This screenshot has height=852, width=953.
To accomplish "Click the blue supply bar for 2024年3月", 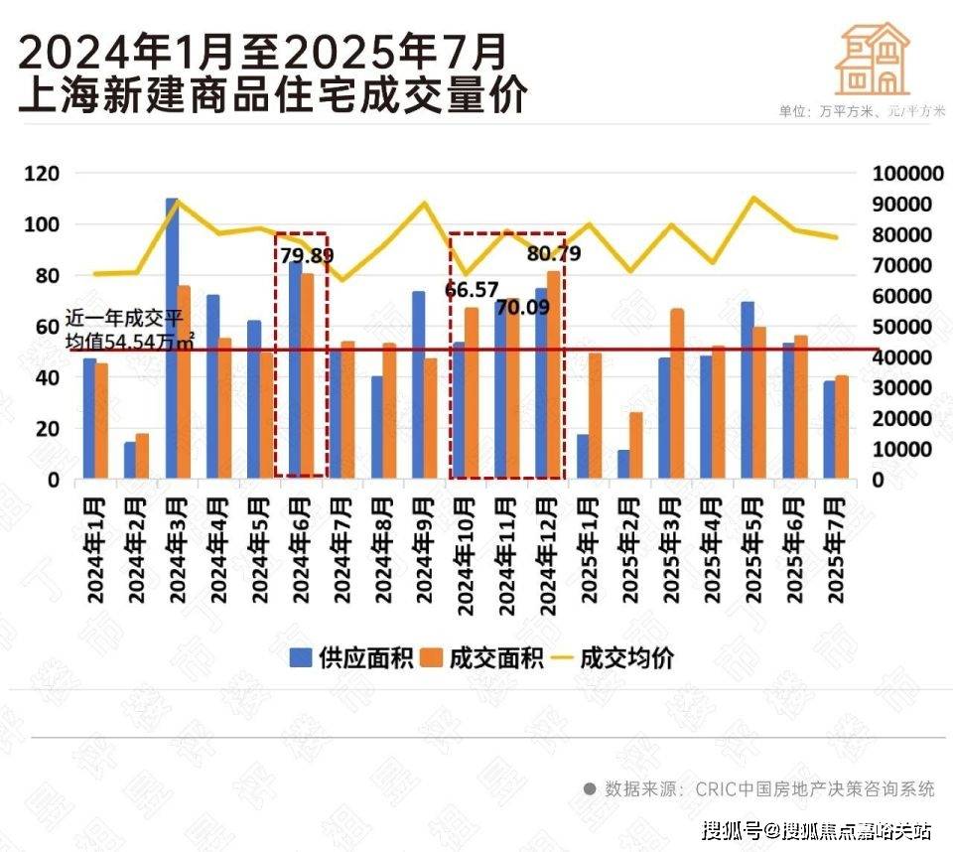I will pos(172,338).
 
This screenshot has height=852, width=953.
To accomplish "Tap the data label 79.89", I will pos(307,255).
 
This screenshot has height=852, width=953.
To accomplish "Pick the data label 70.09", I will pos(522,307).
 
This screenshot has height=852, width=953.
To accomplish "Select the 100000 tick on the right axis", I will pos(907,174).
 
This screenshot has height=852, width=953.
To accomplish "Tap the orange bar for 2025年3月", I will pos(677,394).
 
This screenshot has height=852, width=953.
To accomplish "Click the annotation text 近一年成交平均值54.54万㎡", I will pos(130,330).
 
